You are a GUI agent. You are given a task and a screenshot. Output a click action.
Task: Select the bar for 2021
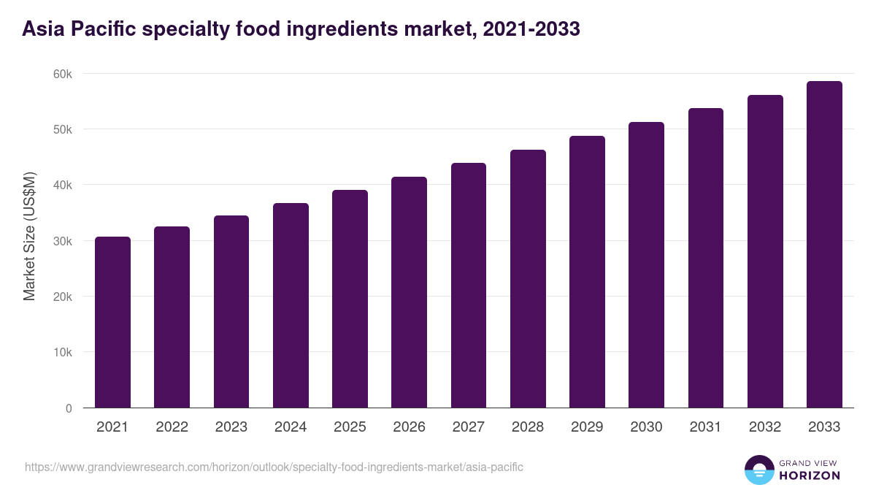[x=112, y=322]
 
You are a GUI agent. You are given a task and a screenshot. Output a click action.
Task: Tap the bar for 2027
[x=469, y=286]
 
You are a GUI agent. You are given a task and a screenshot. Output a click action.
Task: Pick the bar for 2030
[x=646, y=265]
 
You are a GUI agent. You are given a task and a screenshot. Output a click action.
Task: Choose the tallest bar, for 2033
[x=824, y=245]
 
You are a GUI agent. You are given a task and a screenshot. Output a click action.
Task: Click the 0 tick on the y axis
[x=69, y=408]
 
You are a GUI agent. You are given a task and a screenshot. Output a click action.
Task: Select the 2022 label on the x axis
[x=172, y=427]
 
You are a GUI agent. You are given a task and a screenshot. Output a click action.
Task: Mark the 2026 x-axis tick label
[x=409, y=427]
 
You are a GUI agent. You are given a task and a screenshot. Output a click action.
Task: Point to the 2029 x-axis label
[x=587, y=427]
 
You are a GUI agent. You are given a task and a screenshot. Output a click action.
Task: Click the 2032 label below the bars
[x=765, y=427]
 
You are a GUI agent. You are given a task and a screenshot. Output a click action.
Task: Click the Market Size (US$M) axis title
[x=29, y=235]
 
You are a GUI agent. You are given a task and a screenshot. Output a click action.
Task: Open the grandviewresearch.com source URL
[x=274, y=467]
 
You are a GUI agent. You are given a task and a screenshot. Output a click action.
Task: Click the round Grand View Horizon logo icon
[x=758, y=470]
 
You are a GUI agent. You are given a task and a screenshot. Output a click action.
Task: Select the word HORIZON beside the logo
[x=809, y=475]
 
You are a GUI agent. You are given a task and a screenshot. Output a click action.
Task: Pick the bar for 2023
[x=231, y=312]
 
